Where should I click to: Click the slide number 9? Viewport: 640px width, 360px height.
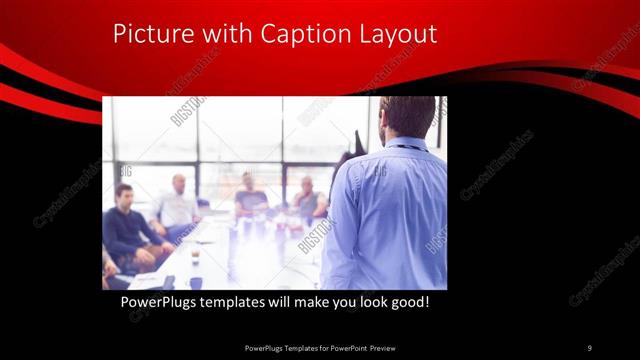pos(589,347)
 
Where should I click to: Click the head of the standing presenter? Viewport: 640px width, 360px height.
pos(408,116)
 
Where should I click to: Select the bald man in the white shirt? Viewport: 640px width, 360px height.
pos(177,205)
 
